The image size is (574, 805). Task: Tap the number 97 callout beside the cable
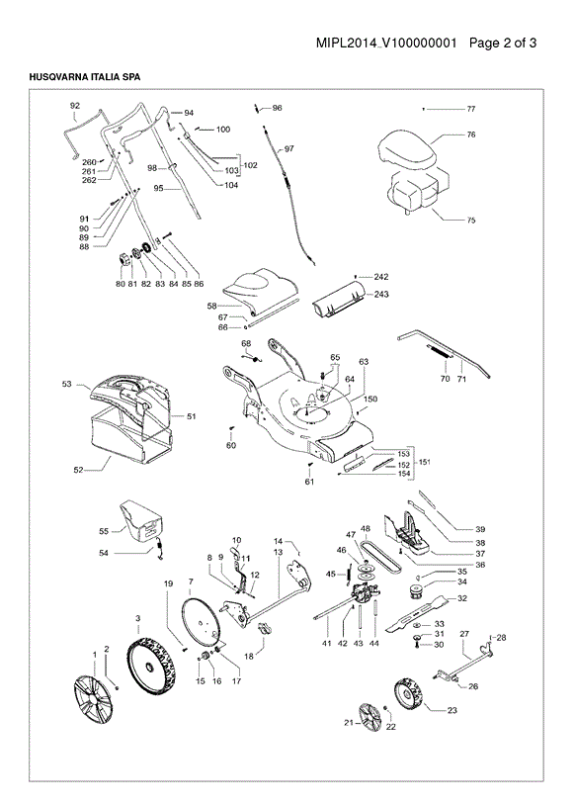point(289,149)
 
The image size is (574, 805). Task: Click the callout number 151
point(425,462)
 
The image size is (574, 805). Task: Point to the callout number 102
point(250,165)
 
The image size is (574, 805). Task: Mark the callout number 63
point(364,361)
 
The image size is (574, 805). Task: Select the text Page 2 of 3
point(503,43)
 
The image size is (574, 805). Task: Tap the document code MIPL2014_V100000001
point(386,43)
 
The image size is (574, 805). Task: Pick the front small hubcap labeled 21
point(369,717)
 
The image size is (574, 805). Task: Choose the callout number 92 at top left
point(75,106)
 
